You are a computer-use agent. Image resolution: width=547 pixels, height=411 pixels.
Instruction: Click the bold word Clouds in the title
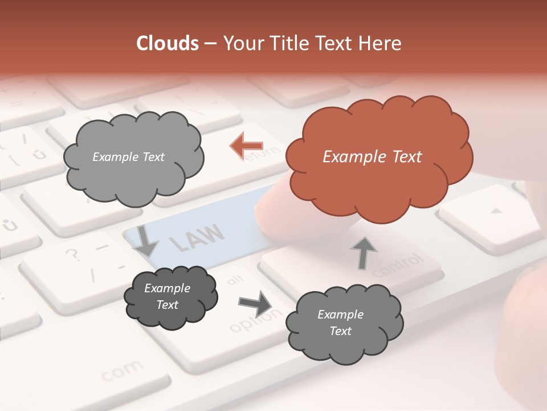coord(168,43)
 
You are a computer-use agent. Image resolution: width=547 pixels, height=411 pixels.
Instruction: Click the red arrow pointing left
coord(246,146)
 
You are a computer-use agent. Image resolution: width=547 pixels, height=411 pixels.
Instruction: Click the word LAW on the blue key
coord(197,237)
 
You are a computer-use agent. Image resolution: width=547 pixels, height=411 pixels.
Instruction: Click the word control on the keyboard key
coord(398,267)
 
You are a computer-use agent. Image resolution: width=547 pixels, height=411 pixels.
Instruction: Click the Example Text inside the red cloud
coord(372,157)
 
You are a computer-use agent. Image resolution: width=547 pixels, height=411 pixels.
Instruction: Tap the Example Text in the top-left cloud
coord(128,157)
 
